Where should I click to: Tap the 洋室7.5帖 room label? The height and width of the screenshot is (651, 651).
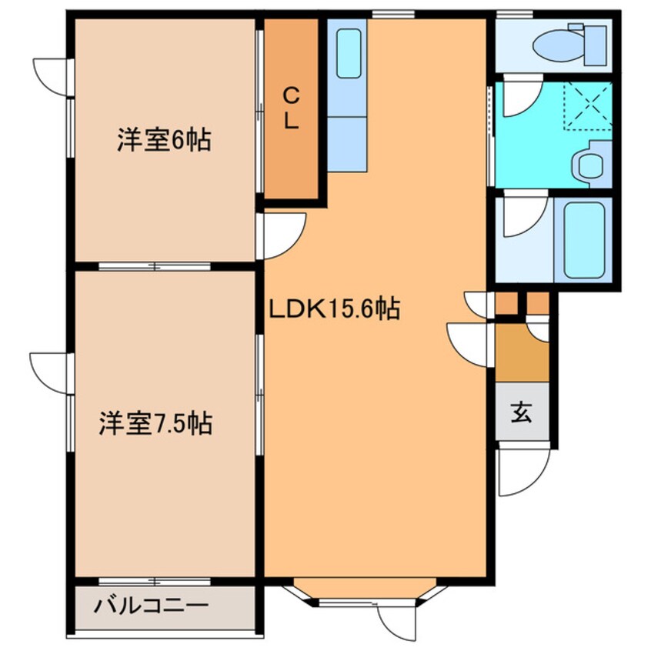click(x=155, y=423)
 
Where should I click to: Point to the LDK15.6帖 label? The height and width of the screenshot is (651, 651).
click(x=333, y=309)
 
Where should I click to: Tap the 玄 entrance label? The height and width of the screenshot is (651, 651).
click(x=522, y=412)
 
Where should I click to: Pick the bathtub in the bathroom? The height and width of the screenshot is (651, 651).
click(x=583, y=239)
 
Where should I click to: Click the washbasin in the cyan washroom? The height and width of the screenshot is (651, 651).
click(x=591, y=164)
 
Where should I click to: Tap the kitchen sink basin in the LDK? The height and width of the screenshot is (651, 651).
click(x=349, y=53)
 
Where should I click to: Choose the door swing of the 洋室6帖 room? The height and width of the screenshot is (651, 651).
click(x=283, y=235)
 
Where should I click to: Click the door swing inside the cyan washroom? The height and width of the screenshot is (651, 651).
click(x=520, y=97)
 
